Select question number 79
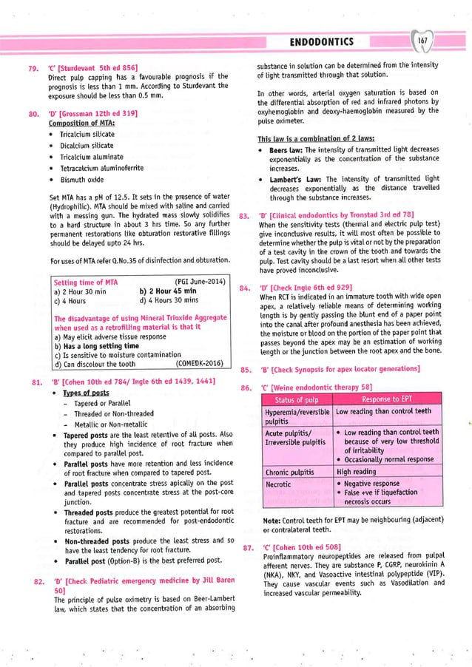click(x=33, y=69)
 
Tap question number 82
click(x=33, y=563)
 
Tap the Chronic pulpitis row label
click(x=291, y=470)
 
